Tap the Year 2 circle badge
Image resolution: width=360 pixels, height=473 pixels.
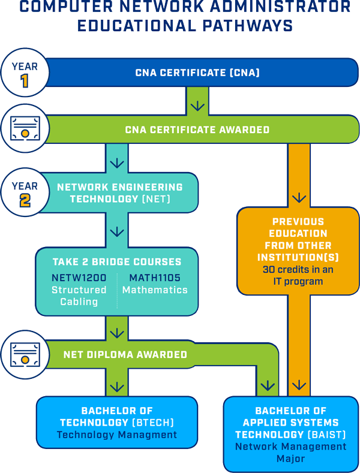[x=25, y=193]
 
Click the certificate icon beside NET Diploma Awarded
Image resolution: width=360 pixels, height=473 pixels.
[x=25, y=355]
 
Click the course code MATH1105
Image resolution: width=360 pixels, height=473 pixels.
[x=155, y=278]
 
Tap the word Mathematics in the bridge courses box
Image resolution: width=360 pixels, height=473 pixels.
[x=155, y=290]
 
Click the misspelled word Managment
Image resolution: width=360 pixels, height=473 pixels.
[x=151, y=435]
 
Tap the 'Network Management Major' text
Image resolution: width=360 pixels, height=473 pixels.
[x=290, y=453]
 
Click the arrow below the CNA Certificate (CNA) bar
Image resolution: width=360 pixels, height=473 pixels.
[x=197, y=107]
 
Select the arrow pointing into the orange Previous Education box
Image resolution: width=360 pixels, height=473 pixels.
[x=298, y=198]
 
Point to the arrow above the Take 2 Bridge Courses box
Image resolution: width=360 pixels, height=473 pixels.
[x=117, y=231]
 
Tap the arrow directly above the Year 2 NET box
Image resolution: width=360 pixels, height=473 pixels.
[x=117, y=162]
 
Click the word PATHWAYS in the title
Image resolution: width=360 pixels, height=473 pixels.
[x=246, y=26]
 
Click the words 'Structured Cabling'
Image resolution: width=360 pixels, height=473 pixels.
[x=79, y=296]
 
